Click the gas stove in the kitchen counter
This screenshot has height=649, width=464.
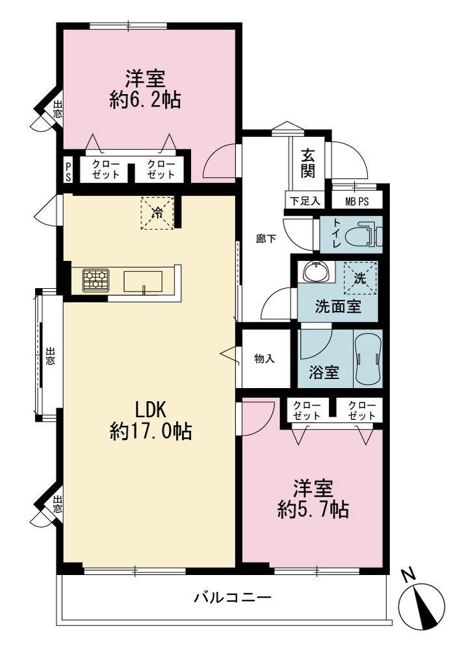(x=96, y=280)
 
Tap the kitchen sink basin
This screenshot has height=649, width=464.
(x=143, y=282)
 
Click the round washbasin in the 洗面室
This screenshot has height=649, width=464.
(x=317, y=272)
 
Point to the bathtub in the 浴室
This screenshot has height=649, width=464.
(x=367, y=358)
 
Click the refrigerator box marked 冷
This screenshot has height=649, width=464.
(x=157, y=213)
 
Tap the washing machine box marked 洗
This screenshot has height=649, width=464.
(x=361, y=278)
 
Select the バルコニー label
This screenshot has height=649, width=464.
(x=233, y=597)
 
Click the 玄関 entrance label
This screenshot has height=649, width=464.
(x=308, y=163)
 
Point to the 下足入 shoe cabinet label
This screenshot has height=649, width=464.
(x=305, y=202)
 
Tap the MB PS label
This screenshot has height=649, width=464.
(x=357, y=202)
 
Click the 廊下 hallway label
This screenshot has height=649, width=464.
(x=266, y=239)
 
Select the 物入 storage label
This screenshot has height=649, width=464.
(x=264, y=358)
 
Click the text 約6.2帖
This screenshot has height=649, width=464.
(x=145, y=100)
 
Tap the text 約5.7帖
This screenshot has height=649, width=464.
(x=313, y=509)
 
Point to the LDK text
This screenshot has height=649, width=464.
(x=151, y=410)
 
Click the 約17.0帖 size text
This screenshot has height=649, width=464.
(x=151, y=431)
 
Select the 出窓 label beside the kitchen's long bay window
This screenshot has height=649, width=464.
(x=49, y=356)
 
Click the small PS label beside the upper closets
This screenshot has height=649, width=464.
(x=68, y=171)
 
